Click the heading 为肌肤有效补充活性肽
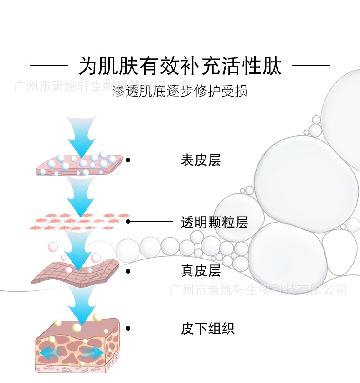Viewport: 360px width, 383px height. click(180, 66)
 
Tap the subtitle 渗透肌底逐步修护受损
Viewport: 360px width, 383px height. click(180, 91)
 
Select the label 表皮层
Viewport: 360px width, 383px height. click(201, 160)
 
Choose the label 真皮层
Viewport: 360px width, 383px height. click(201, 271)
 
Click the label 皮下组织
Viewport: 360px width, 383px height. click(207, 328)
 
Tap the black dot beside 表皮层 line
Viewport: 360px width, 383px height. click(128, 160)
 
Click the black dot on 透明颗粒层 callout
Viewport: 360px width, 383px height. click(128, 222)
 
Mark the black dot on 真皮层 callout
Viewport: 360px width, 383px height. click(128, 271)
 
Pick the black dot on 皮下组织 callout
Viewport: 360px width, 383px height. click(128, 328)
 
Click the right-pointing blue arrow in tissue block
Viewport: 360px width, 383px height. click(93, 352)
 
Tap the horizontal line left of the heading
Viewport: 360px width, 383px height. click(48, 66)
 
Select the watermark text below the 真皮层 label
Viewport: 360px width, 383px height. click(257, 289)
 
